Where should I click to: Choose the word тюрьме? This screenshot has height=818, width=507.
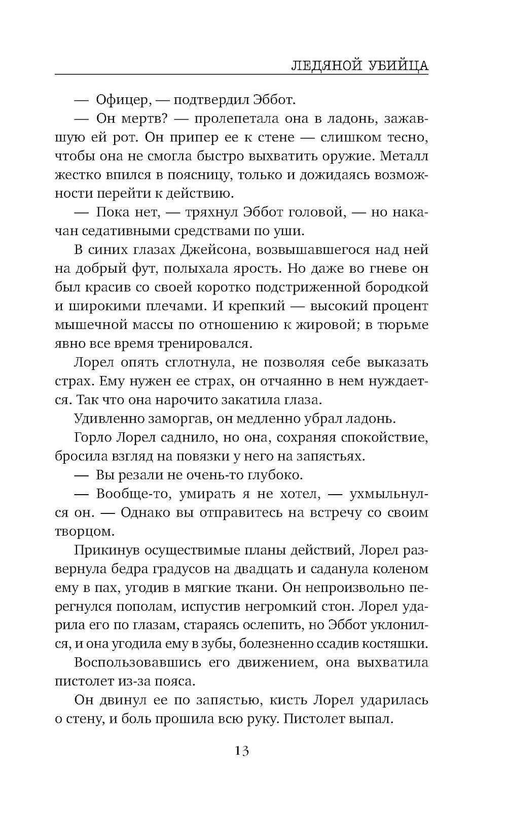tap(404, 325)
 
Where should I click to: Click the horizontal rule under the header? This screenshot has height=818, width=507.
tap(241, 75)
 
